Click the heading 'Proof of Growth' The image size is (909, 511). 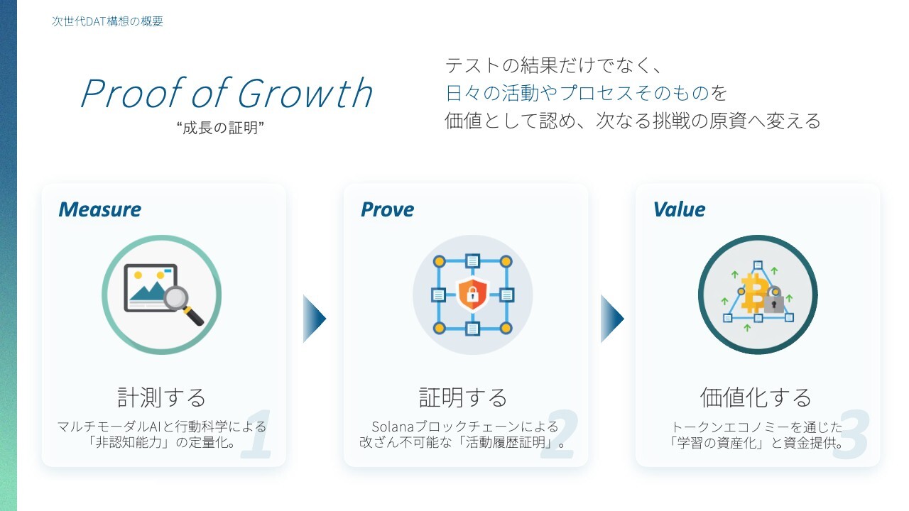coord(227,93)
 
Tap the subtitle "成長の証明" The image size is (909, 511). coord(220,128)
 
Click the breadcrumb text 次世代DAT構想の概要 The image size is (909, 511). coord(107,21)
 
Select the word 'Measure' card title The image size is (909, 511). coord(100,209)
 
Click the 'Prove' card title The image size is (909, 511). coord(388,209)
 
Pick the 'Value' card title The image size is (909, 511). coord(680,209)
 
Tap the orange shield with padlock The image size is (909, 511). coord(472,294)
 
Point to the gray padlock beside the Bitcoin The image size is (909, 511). coord(774,300)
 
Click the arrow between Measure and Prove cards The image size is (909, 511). coord(315,319)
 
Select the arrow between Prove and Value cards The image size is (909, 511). coord(612,319)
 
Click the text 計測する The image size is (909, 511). coord(161,397)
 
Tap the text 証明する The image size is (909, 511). coord(464,397)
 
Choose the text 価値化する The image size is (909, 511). coord(756,397)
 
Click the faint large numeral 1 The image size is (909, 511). coord(257,434)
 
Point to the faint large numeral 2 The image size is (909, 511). coord(559,434)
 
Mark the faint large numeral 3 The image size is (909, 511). coord(851,434)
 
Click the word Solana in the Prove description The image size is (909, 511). coord(393,427)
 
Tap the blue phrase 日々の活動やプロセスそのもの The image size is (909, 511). coord(577,93)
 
